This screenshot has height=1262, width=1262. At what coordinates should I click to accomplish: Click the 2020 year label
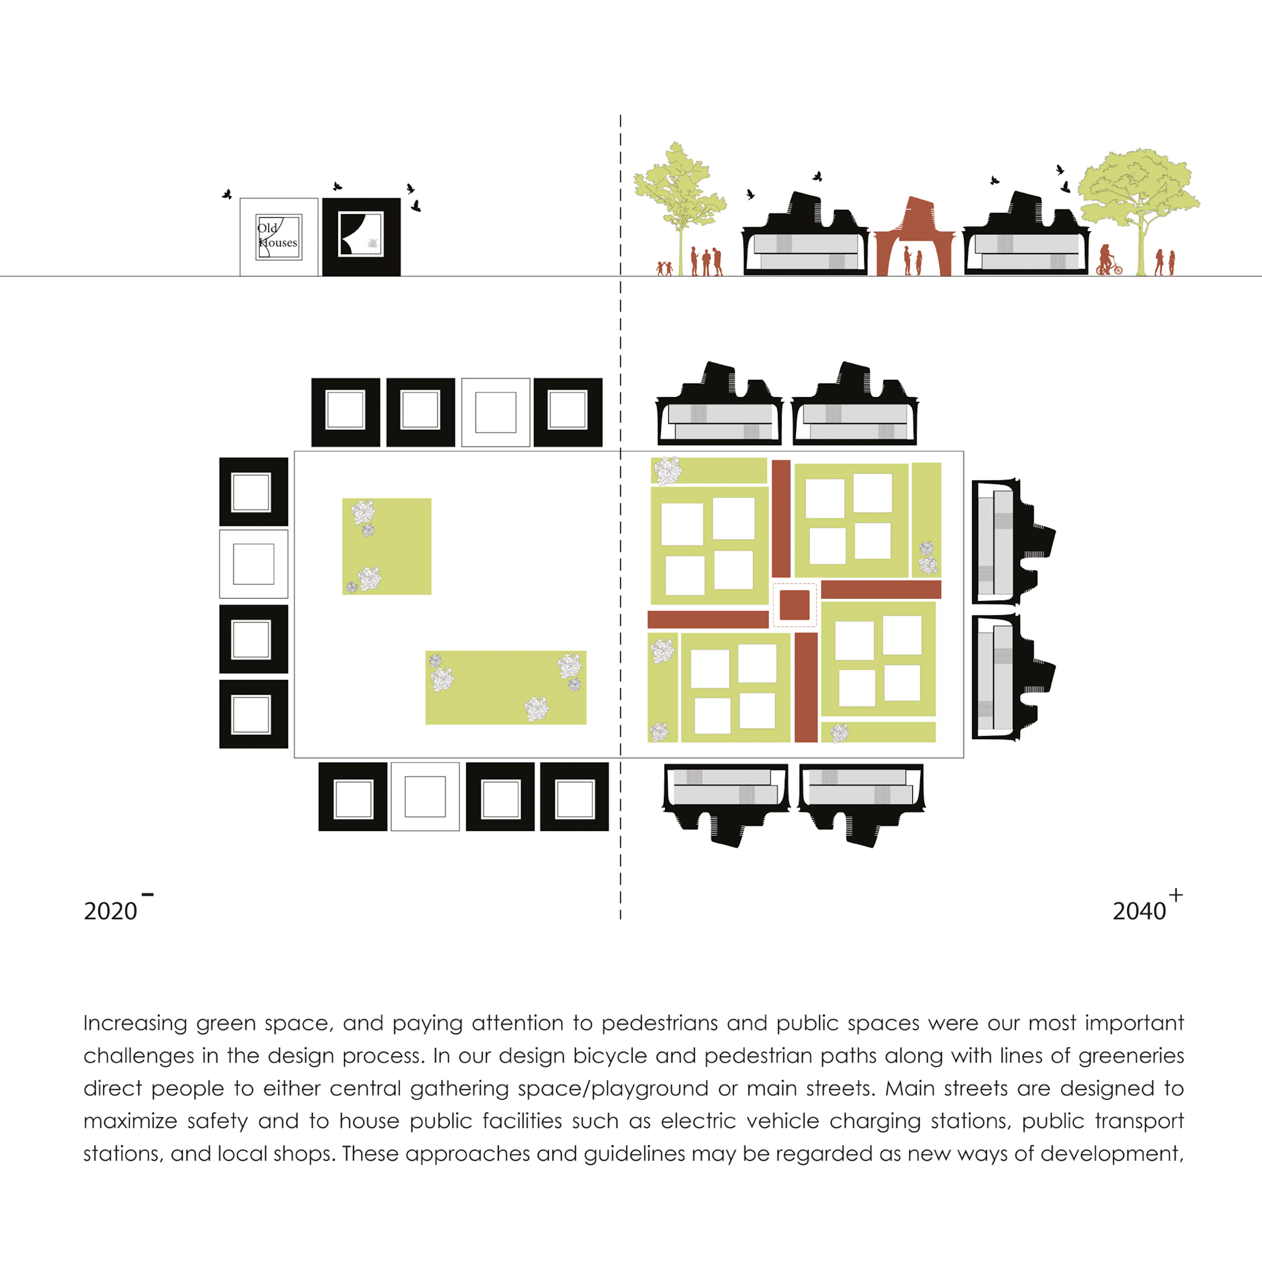pos(110,911)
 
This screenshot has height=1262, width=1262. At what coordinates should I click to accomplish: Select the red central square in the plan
pos(794,604)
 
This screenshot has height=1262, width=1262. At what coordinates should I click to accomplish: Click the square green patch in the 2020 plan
pos(387,546)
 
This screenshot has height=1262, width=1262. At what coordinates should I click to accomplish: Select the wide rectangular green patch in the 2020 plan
pos(505,687)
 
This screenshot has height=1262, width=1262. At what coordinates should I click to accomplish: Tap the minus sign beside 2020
pos(148,894)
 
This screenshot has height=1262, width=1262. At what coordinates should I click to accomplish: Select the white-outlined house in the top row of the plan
pos(496,412)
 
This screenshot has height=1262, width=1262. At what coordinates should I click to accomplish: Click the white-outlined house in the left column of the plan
pos(253,564)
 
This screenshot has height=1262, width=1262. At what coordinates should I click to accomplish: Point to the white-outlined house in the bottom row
pos(425,796)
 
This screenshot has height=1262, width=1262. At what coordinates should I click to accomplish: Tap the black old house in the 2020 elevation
pos(361,237)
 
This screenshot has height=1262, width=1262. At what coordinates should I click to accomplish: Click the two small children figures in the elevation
pos(664,268)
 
